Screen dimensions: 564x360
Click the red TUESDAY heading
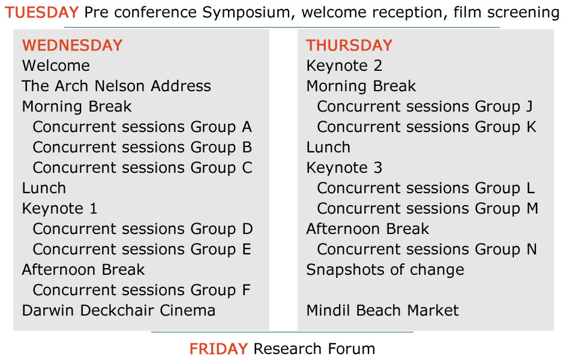click(42, 13)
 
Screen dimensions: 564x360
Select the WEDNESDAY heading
click(72, 46)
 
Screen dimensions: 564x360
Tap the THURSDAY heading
click(349, 46)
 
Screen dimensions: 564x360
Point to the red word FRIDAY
click(218, 349)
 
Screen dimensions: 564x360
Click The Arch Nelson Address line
click(116, 86)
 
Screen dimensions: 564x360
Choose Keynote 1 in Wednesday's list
click(60, 209)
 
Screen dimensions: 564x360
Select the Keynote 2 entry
click(344, 66)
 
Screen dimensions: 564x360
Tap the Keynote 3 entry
click(344, 168)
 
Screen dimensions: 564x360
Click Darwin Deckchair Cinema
click(119, 311)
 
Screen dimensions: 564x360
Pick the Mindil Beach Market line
click(383, 311)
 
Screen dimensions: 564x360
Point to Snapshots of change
click(385, 270)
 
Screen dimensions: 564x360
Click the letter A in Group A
click(247, 127)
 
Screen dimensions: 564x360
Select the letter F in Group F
click(247, 290)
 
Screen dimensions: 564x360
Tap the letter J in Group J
click(529, 107)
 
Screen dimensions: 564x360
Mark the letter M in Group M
click(533, 209)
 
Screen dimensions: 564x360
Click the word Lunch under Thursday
click(328, 148)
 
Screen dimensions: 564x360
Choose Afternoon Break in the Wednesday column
click(83, 270)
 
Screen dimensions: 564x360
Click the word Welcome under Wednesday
click(56, 66)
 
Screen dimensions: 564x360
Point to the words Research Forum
click(314, 349)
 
